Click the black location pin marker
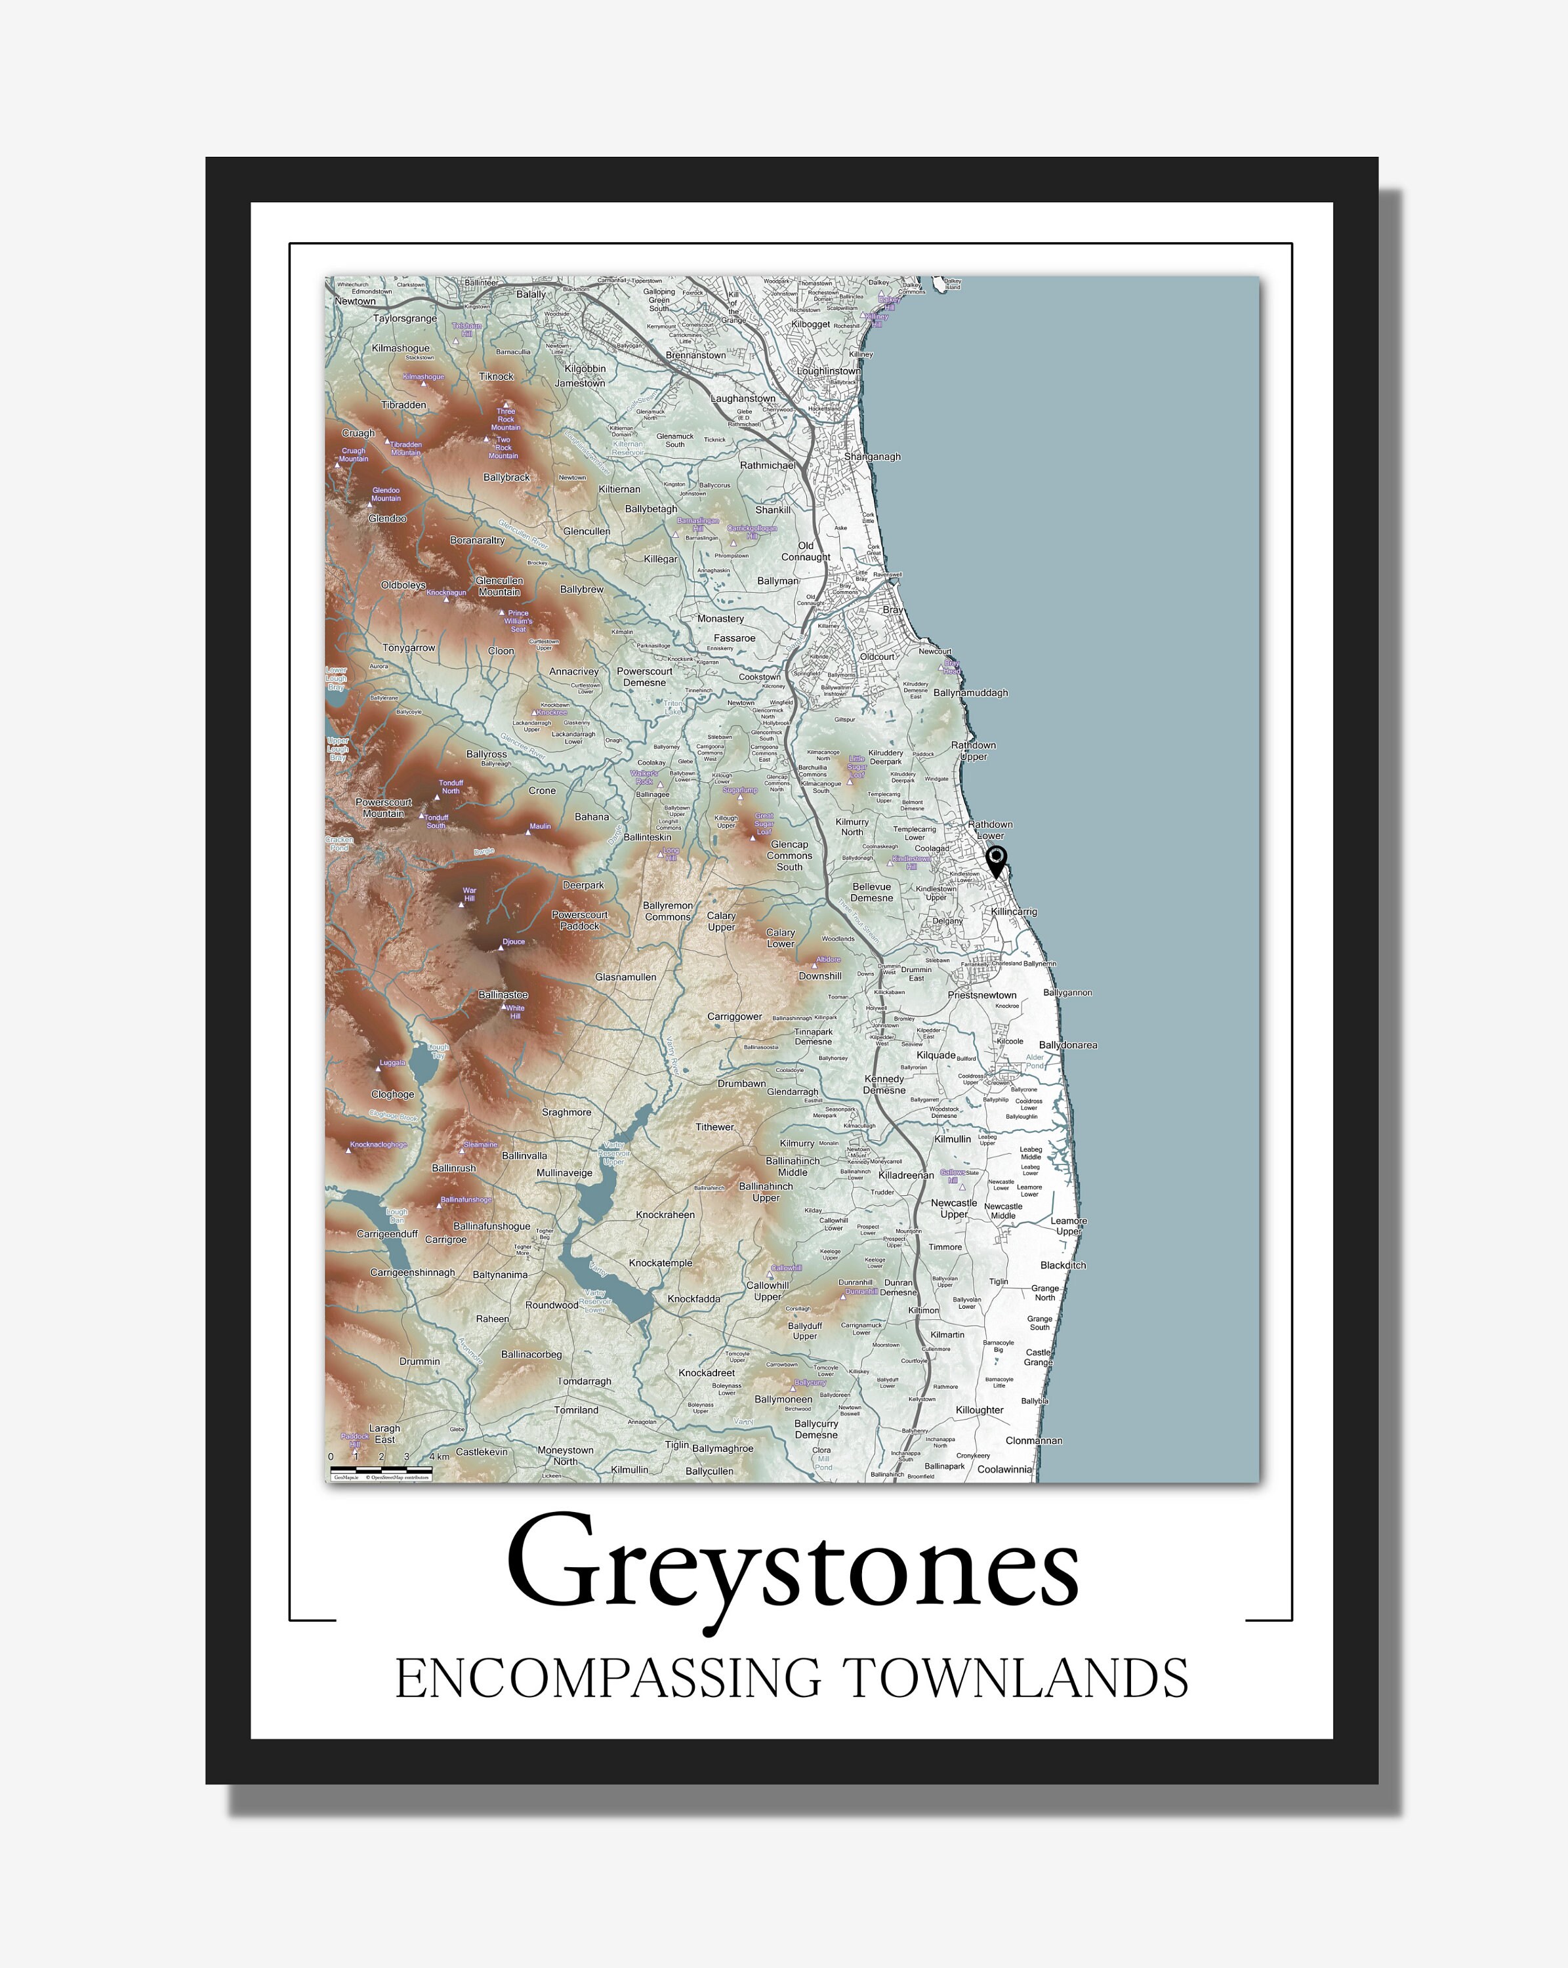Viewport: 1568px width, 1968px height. point(997,859)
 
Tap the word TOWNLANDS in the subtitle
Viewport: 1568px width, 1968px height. point(1014,1678)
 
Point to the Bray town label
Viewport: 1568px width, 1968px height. point(893,609)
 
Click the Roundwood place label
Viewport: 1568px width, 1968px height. point(551,1304)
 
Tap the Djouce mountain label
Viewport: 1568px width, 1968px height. point(514,941)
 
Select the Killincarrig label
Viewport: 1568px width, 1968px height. point(1013,912)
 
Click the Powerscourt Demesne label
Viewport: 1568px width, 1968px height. point(644,676)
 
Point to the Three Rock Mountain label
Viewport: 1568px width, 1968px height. point(506,419)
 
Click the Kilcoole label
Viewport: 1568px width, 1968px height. point(1010,1040)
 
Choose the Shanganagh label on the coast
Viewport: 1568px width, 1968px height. point(872,457)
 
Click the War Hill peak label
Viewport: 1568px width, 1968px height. point(469,893)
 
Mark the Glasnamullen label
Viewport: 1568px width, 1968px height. point(625,977)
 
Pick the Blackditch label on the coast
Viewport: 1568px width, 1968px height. point(1063,1265)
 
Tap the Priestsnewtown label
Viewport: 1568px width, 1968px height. point(982,995)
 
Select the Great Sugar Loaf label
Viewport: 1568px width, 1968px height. point(764,823)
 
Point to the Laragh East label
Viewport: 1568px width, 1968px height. point(384,1433)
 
